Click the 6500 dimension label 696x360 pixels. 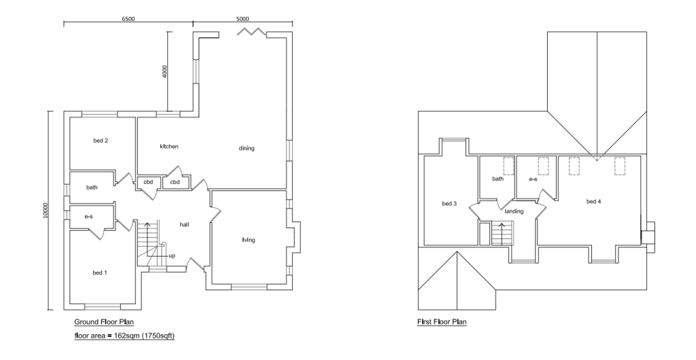(128, 19)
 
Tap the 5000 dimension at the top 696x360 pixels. (243, 19)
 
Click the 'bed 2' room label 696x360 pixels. (101, 141)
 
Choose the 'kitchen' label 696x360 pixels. (169, 146)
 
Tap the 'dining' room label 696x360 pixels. (246, 148)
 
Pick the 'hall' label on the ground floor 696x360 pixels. (184, 224)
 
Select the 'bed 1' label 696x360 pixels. (100, 272)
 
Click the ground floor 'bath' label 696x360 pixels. (92, 187)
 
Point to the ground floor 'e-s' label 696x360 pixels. (88, 216)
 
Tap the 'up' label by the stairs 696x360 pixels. (172, 256)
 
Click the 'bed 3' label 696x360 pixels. (449, 204)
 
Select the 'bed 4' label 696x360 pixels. (593, 201)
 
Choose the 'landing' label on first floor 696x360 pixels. (514, 211)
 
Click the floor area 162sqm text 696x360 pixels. (124, 336)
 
